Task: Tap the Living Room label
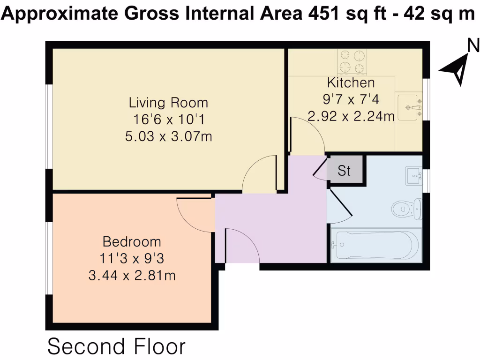pos(168,102)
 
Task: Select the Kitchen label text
pos(351,83)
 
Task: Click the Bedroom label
pos(132,242)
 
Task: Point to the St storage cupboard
pos(345,171)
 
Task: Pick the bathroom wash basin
pos(414,176)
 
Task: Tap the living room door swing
pos(259,175)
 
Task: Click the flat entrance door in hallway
pos(242,247)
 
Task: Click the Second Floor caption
pos(116,347)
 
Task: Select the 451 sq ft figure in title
pos(336,15)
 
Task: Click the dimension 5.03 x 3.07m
pos(168,136)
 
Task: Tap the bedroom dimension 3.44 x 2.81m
pos(132,276)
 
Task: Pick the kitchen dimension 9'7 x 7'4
pos(351,99)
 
